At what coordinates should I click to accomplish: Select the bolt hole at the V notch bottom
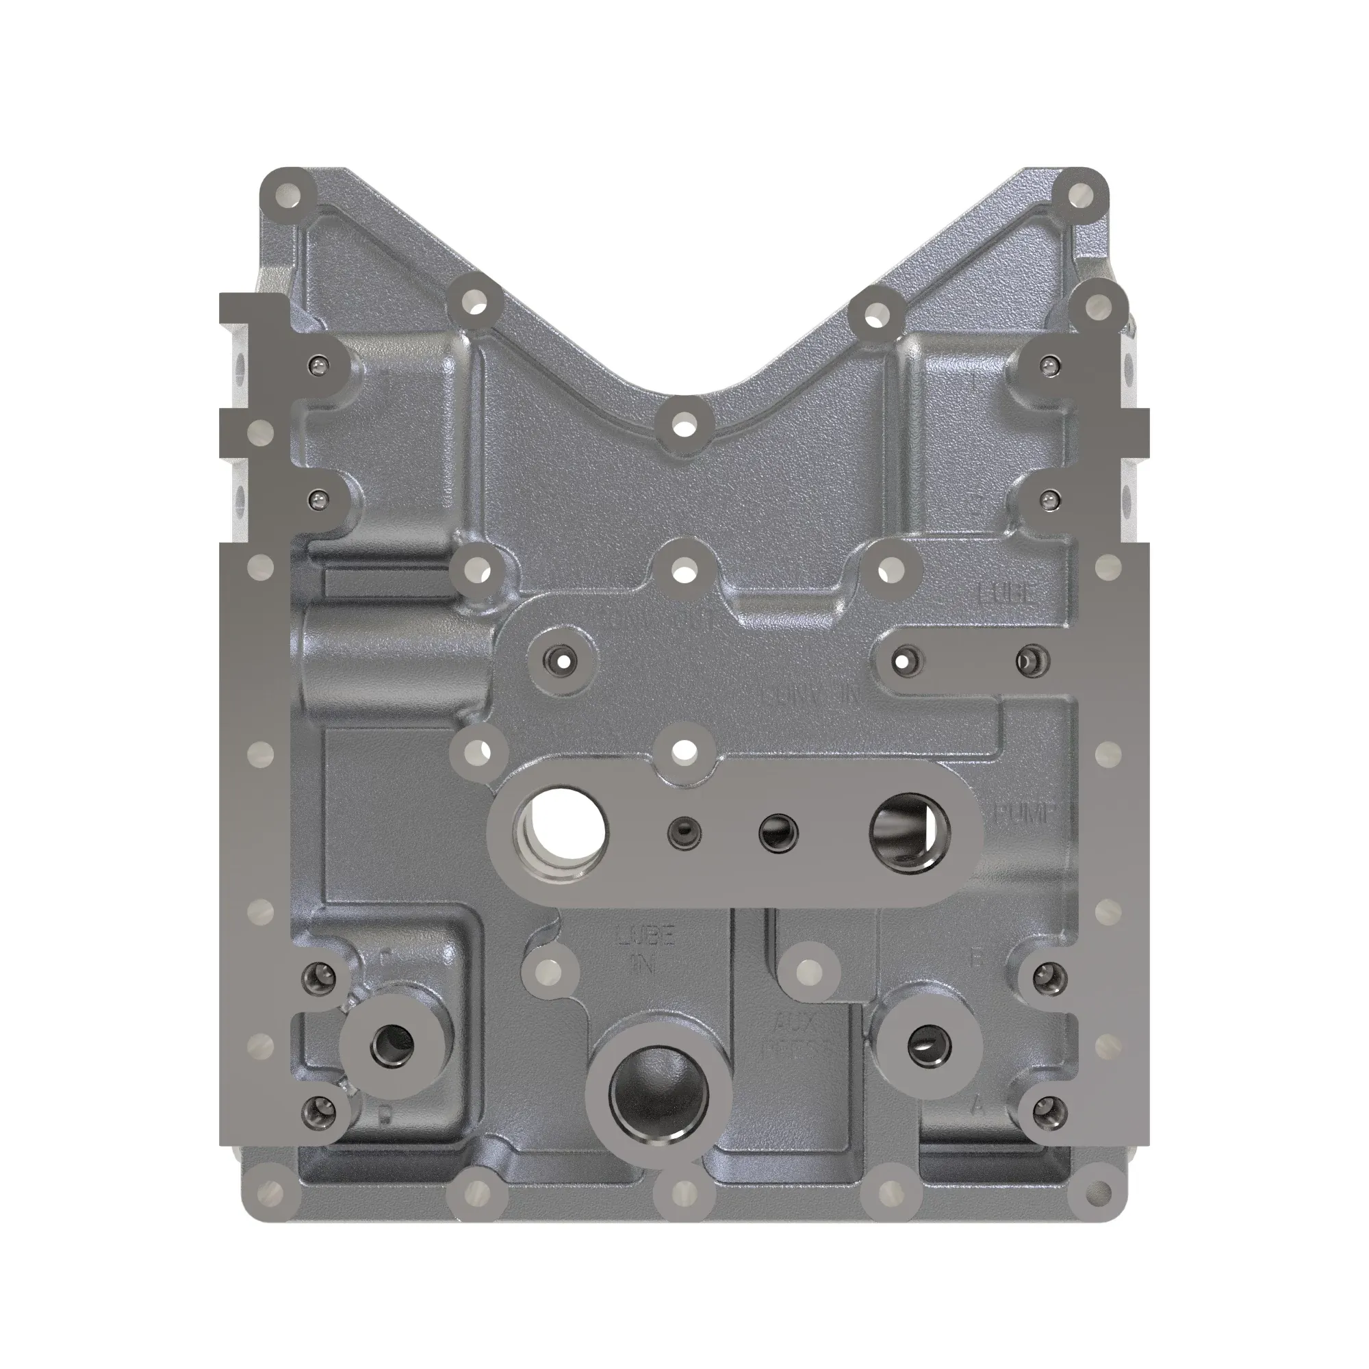point(683,428)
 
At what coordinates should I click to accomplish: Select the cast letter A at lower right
point(979,1105)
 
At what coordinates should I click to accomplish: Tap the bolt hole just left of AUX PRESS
point(808,972)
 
